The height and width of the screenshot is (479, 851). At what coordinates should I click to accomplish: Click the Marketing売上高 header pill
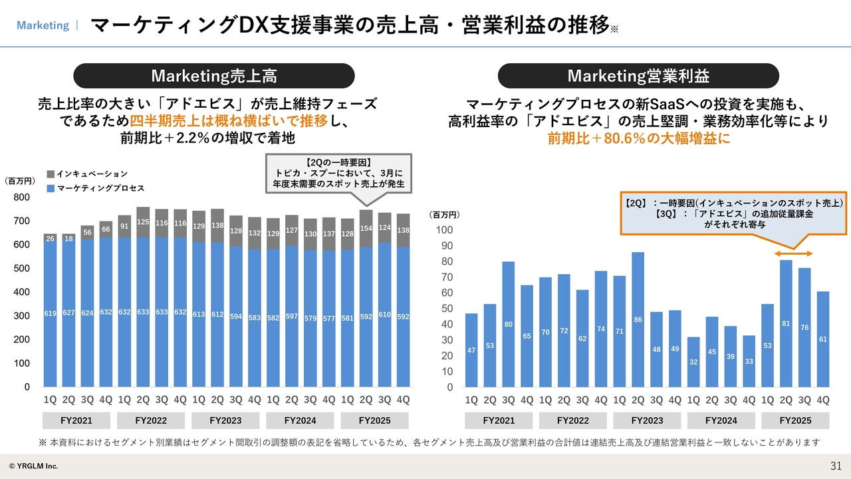213,76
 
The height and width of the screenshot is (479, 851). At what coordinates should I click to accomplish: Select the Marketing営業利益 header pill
638,76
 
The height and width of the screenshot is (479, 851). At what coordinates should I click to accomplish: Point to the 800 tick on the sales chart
23,198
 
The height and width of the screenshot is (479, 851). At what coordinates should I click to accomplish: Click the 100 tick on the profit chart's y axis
444,230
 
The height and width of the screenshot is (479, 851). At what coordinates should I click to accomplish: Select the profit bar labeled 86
638,319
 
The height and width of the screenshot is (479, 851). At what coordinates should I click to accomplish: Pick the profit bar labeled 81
786,323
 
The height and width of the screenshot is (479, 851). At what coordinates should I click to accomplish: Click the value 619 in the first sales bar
50,313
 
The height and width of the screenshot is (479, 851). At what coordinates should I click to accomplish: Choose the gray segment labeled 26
50,238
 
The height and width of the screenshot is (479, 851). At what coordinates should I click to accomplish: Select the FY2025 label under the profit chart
795,420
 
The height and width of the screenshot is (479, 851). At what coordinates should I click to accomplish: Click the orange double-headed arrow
795,254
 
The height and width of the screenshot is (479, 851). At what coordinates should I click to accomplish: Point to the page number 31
836,465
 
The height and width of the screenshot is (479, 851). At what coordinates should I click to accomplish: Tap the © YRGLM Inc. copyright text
33,466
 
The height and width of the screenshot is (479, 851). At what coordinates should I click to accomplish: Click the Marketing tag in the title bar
43,25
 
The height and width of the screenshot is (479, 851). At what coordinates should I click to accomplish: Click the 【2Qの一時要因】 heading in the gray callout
338,162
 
